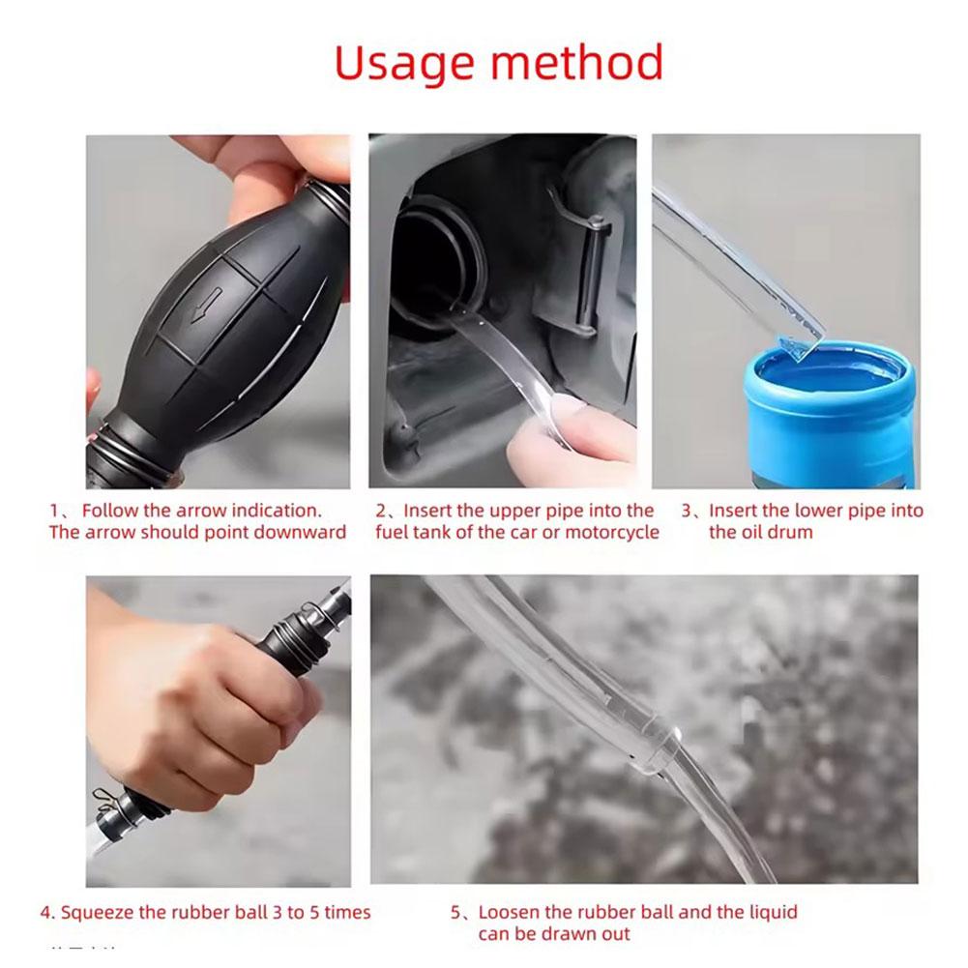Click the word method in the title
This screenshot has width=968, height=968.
(577, 62)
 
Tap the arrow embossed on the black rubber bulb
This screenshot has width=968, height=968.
(206, 305)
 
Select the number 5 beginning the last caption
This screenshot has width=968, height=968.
(455, 913)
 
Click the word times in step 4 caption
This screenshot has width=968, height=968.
(347, 913)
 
